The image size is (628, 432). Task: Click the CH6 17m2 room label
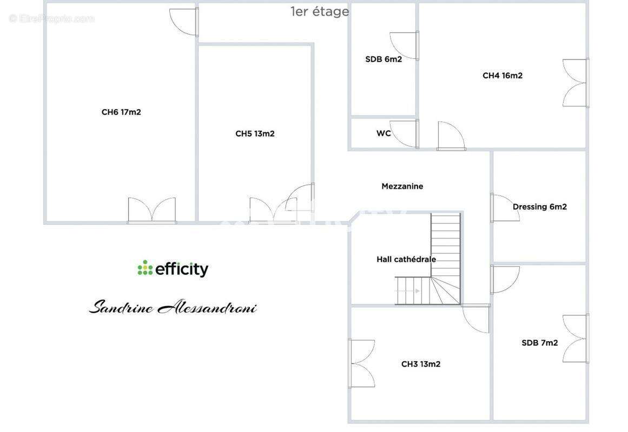pos(121,112)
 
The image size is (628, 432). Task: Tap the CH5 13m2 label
pos(255,133)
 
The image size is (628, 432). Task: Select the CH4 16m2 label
pos(503,76)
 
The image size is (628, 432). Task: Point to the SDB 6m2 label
pos(384,59)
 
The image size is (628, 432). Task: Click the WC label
pos(384,133)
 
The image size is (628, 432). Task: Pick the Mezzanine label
pos(402,186)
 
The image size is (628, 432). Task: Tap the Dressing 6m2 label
pos(540,207)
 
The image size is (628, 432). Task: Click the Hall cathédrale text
pos(406,259)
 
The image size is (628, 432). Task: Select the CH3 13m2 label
pos(421,364)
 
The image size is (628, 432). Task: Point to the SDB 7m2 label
pos(540,342)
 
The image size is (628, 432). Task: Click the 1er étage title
pos(320,11)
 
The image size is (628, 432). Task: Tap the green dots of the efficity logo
pos(145,268)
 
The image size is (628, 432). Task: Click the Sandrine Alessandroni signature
pos(173,308)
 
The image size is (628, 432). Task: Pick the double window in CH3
pos(361,363)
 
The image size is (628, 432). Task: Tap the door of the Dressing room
pos(503,208)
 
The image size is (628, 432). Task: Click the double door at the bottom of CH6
pos(152,211)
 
